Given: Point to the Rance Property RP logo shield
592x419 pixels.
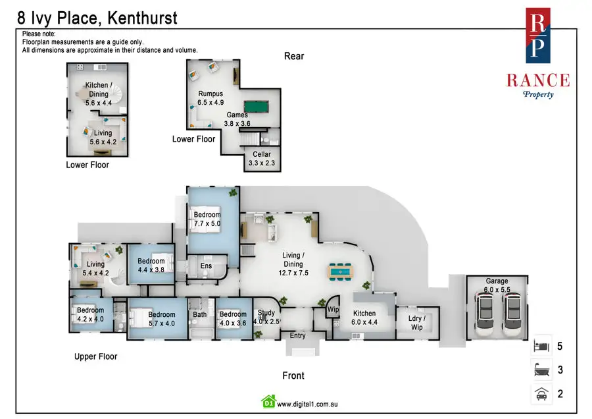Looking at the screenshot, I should (x=538, y=37).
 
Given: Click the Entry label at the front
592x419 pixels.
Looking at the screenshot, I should (x=298, y=335).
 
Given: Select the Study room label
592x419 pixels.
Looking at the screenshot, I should (x=266, y=314).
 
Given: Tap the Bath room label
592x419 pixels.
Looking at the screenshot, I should (x=200, y=314).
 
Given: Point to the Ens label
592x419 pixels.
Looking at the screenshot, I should (x=205, y=265).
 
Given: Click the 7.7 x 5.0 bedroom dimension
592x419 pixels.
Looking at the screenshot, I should (x=207, y=224).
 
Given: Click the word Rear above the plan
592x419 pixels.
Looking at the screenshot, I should (x=294, y=56).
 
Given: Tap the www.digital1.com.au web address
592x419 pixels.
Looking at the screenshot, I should (x=307, y=404).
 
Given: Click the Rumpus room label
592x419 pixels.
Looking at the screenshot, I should (x=210, y=94).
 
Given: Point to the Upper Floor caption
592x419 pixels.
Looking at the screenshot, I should (x=95, y=356).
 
